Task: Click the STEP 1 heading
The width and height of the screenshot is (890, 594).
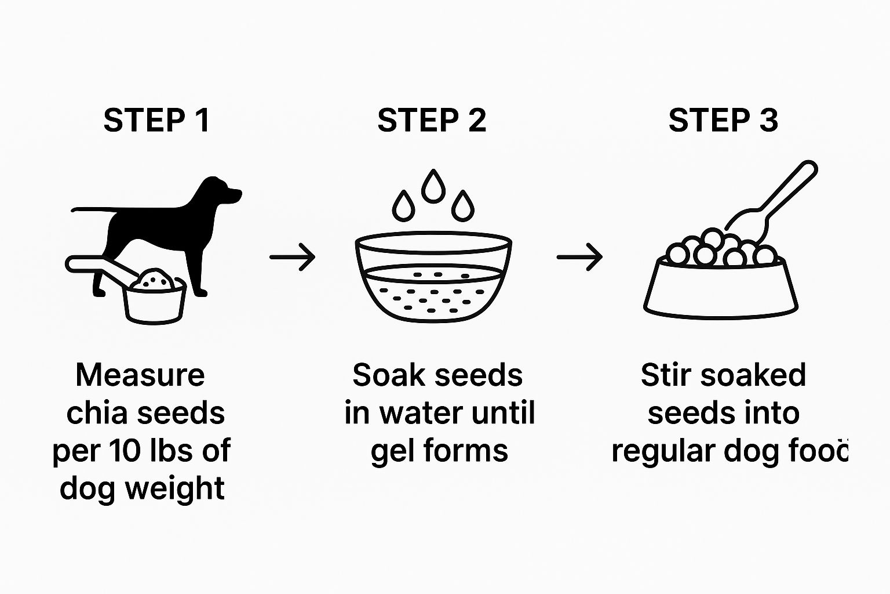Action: pos(156,120)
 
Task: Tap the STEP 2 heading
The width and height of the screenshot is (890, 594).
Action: pos(432,120)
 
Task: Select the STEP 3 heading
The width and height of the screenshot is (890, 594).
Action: pos(723,120)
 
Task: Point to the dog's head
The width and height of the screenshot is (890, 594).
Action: pos(221,191)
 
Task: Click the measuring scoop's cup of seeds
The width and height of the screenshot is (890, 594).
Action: pos(155,296)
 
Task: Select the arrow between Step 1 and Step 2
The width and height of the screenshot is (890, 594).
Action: pos(293,257)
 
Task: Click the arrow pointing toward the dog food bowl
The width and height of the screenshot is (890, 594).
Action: pos(579,257)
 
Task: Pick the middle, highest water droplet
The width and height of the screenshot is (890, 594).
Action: pos(433,186)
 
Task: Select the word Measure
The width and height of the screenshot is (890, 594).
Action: pos(140,375)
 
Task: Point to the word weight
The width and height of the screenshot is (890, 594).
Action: pos(175,488)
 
